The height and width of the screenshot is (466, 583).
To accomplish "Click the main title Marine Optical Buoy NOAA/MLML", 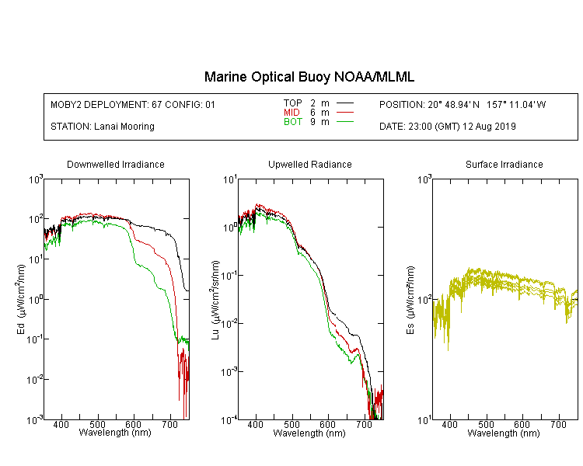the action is pos(309,77).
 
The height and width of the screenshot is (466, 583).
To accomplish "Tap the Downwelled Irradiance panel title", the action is pos(116,165).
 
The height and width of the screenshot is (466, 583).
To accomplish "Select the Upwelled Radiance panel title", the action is pos(310,165).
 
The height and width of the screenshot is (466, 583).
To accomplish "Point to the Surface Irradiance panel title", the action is pos(504,165).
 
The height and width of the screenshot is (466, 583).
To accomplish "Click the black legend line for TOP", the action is pos(345,103).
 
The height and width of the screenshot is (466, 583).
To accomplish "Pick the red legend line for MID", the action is pos(345,112).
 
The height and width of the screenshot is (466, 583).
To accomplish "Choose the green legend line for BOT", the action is pos(345,121).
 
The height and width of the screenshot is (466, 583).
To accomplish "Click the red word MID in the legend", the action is pos(291,112).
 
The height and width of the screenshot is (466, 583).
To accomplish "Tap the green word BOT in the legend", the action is pos(292,122).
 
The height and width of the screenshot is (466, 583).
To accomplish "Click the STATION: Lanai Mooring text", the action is pos(103,127).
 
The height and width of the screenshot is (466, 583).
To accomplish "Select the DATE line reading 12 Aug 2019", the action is pos(448,127).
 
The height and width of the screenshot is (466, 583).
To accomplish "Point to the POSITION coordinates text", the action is pos(463,105).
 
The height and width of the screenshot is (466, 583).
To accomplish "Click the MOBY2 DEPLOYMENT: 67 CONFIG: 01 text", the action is pos(133,105).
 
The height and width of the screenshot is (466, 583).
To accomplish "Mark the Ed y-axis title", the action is pos(21,300).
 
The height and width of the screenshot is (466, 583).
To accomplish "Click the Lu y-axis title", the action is pos(215,300).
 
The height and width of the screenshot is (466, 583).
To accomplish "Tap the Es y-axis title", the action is pos(410,300).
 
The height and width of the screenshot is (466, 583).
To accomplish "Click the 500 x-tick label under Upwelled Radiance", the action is pos(291,424).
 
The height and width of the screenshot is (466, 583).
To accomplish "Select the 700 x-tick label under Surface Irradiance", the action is pos(558,424).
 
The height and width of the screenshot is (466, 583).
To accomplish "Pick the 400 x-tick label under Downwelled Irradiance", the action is pos(61,424).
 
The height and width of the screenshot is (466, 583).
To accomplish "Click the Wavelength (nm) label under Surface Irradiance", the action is pos(504,433).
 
